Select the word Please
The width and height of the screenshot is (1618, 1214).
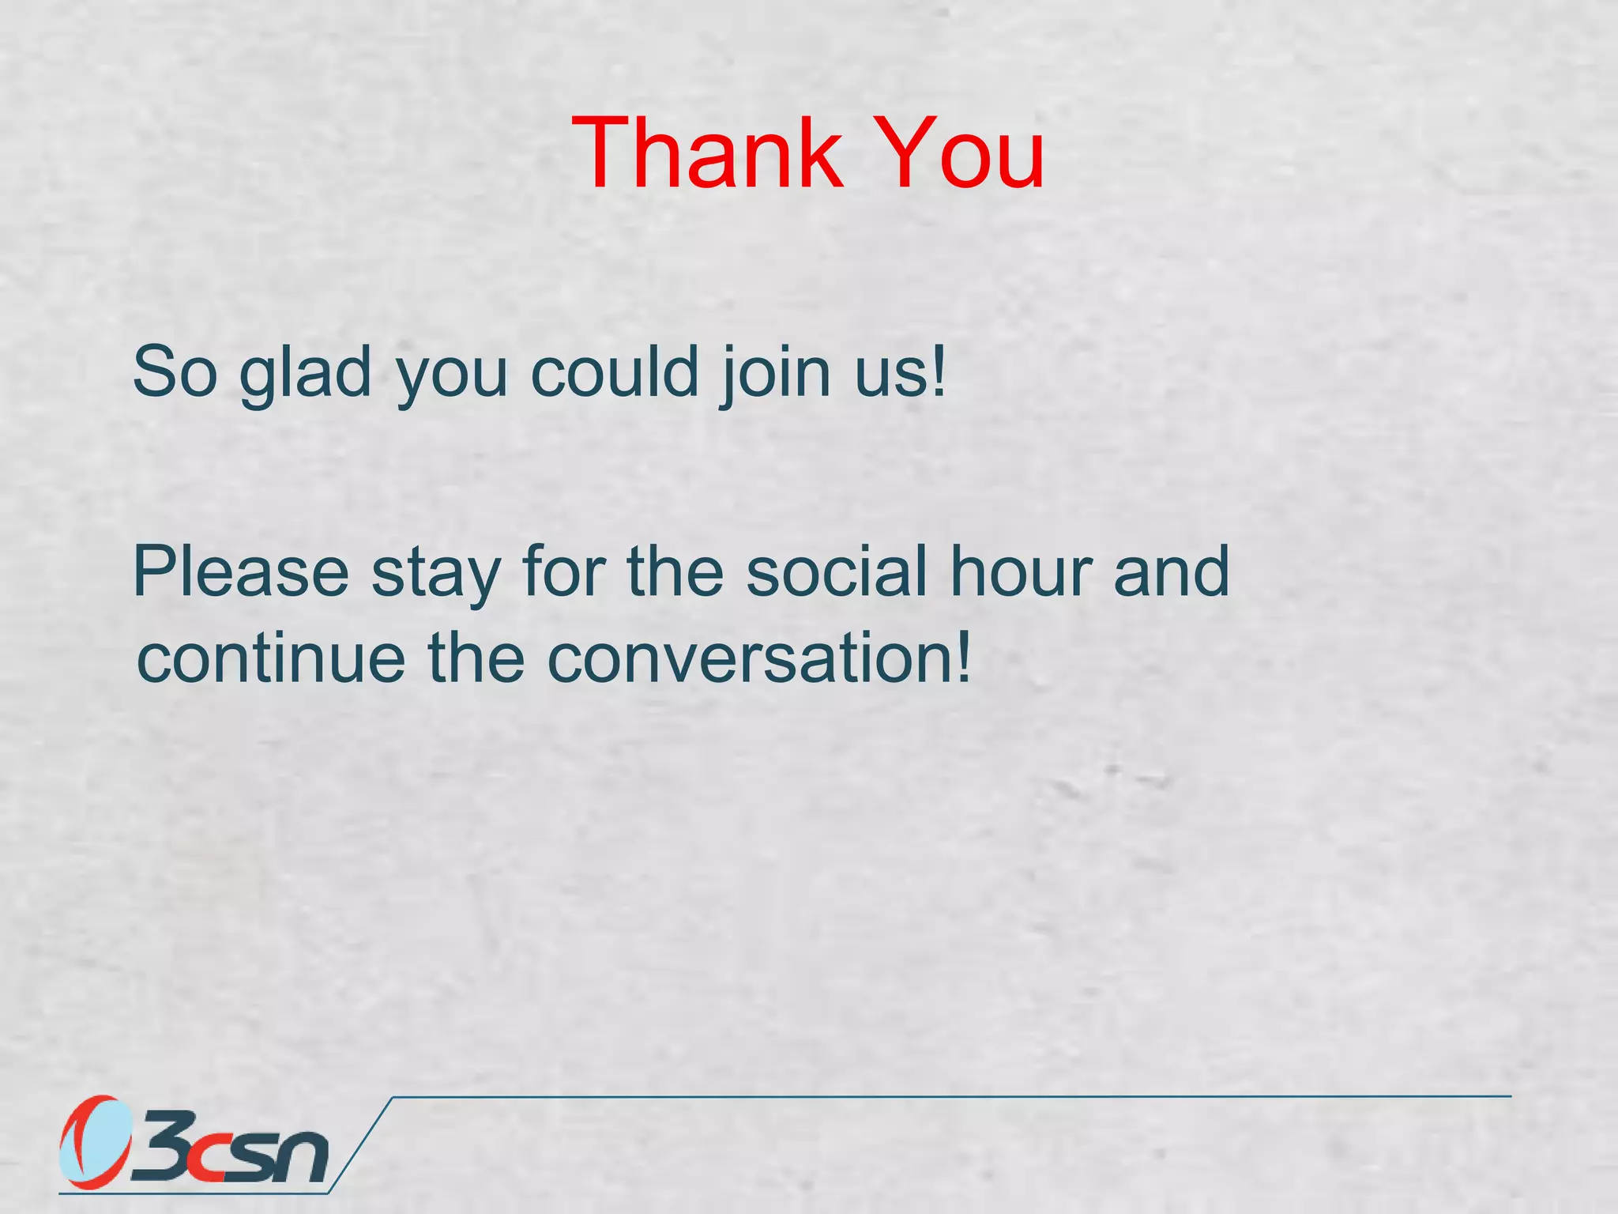(x=241, y=572)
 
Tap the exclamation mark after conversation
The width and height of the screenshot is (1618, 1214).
(x=962, y=656)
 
